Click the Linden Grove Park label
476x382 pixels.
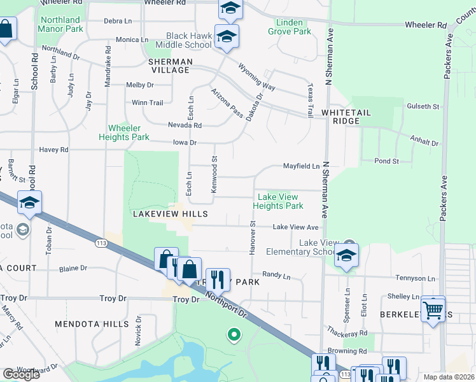[290, 27]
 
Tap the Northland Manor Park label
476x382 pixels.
[60, 25]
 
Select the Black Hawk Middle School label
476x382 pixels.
[189, 40]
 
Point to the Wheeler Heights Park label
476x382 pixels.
[123, 132]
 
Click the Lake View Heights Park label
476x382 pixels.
[277, 201]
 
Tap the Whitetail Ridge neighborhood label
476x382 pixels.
[350, 117]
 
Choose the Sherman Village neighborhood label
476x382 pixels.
[169, 66]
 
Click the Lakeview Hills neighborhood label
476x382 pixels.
[161, 214]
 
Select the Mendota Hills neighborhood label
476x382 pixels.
[92, 324]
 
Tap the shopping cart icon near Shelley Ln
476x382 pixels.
[433, 310]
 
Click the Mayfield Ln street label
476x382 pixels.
[301, 166]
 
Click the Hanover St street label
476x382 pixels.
[253, 237]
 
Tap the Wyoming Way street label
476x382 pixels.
[256, 76]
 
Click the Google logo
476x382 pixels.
[21, 374]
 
